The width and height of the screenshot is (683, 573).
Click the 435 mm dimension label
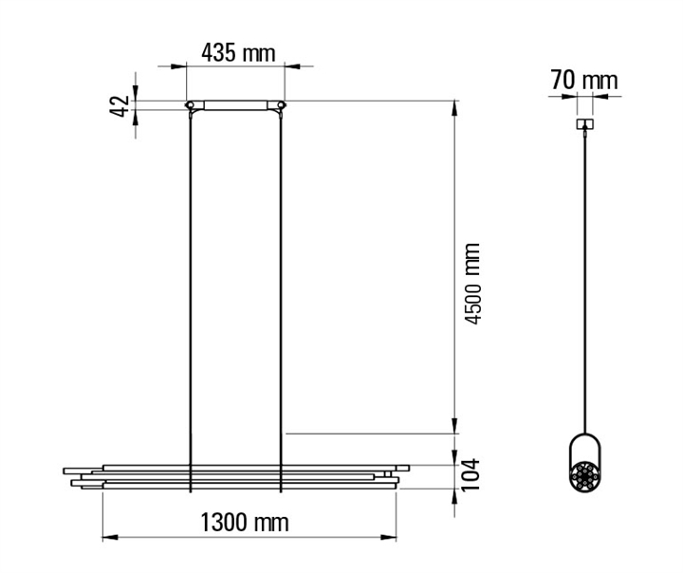tap(238, 53)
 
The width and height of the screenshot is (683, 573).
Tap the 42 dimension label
tap(119, 106)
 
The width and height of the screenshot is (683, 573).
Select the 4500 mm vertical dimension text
tap(472, 284)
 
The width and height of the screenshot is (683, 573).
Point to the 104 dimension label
tap(471, 474)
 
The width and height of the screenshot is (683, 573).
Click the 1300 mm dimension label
tap(245, 522)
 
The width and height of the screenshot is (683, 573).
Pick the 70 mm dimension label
tap(583, 81)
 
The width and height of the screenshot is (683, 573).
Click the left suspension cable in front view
tap(191, 301)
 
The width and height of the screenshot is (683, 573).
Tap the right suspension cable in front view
tap(281, 301)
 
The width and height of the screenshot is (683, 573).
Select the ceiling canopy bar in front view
tap(235, 105)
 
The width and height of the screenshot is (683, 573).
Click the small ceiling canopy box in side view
tap(585, 124)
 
